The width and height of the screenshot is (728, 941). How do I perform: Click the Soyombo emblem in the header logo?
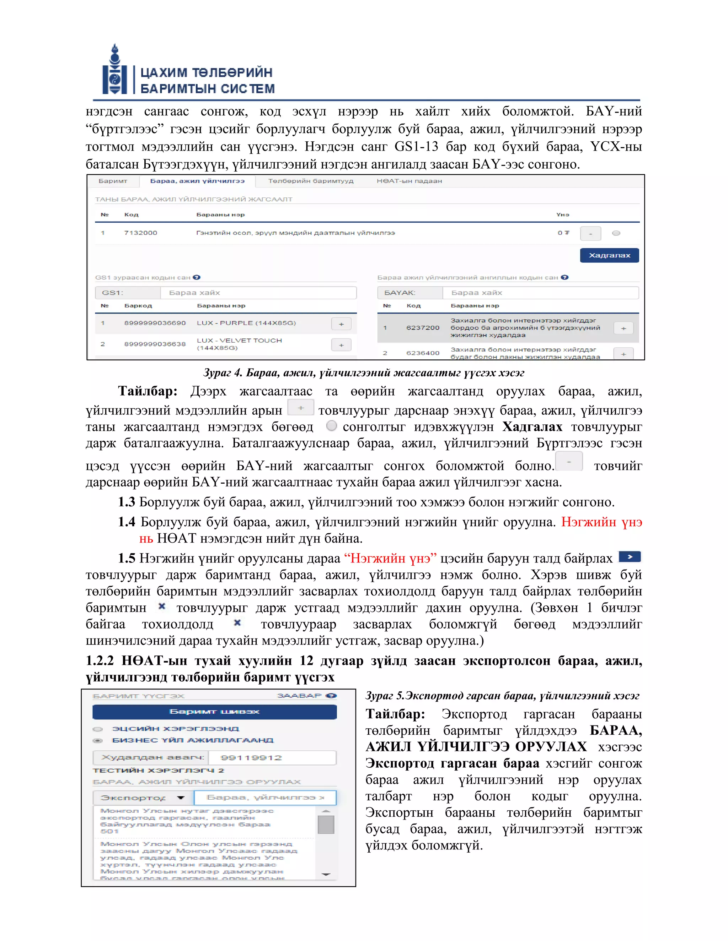click(x=115, y=70)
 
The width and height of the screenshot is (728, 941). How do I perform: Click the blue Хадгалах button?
click(x=609, y=256)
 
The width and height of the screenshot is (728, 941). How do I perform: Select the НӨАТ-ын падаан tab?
click(x=409, y=181)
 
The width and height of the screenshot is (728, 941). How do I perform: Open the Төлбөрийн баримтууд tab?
click(x=311, y=181)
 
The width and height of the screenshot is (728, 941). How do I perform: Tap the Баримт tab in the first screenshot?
click(x=113, y=181)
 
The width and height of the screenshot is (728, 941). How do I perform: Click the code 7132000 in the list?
click(x=141, y=233)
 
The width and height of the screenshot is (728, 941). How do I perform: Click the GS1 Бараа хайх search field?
click(x=258, y=293)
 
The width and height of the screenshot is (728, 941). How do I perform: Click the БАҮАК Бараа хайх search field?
click(x=540, y=293)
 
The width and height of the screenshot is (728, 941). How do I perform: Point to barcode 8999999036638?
click(x=155, y=344)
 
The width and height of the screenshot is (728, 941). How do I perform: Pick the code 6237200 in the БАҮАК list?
click(x=423, y=327)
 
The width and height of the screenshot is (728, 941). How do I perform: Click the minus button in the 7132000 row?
click(x=590, y=234)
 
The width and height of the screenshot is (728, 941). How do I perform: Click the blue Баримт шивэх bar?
click(x=214, y=712)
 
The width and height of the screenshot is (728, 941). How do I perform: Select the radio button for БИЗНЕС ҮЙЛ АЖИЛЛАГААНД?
click(x=98, y=741)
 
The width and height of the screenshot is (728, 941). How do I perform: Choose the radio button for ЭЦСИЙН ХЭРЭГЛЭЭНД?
click(x=98, y=729)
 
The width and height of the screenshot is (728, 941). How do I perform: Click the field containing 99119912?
click(x=272, y=757)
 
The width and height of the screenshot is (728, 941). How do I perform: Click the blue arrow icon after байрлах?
click(x=630, y=557)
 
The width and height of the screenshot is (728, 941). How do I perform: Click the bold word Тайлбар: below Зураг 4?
click(x=148, y=391)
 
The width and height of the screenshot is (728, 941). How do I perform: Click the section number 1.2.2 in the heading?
click(x=100, y=660)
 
